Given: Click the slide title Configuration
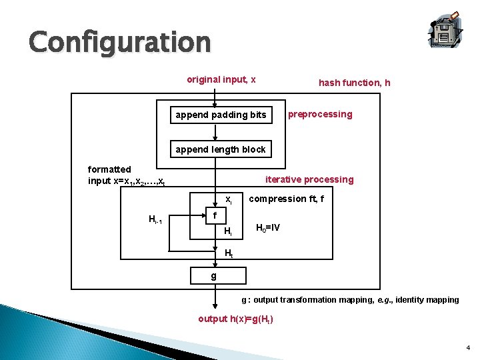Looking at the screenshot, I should tap(119, 42).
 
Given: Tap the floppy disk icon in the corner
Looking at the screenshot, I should tap(443, 29).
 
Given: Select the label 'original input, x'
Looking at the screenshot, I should tap(221, 80).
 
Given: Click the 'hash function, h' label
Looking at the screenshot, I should tap(355, 83).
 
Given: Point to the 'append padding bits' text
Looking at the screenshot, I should tap(221, 115).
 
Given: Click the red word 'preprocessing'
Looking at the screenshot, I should tap(320, 114).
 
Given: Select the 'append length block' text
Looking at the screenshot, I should tap(221, 149).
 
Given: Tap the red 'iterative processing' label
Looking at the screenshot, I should tap(309, 179).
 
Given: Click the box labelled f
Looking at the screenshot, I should tap(215, 216).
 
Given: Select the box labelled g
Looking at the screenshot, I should tap(213, 275).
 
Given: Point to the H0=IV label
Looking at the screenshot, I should tap(268, 228).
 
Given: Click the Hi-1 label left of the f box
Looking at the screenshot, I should tap(160, 220).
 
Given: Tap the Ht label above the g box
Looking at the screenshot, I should tap(229, 253).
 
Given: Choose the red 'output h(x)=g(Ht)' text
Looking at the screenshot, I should tap(235, 319).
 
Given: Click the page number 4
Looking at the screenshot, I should tap(468, 347).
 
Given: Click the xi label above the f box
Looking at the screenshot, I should tap(228, 199).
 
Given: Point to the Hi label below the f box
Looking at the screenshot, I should tap(227, 231).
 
